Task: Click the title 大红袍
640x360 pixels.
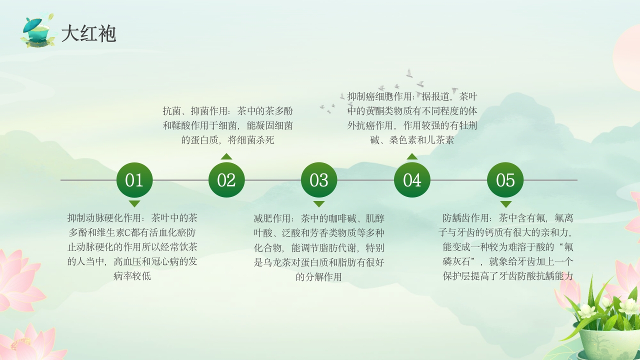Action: coord(88,34)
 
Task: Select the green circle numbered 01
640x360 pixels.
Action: coord(134,180)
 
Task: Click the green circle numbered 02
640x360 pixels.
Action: coord(226,180)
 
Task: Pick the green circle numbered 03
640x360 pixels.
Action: coord(319,180)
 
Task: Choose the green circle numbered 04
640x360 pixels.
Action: coord(412,180)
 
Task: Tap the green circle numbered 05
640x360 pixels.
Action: coord(505,180)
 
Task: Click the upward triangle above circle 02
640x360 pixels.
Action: coord(226,156)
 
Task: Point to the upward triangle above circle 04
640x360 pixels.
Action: coord(412,156)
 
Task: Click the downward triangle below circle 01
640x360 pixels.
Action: coord(134,203)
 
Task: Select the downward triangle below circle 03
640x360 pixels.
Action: coord(319,203)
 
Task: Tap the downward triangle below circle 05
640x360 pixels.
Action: coord(505,204)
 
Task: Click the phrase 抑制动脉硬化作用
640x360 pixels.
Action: coord(103,218)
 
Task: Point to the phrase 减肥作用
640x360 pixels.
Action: coord(273,218)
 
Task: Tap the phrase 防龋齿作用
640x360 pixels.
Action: coord(466,218)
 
